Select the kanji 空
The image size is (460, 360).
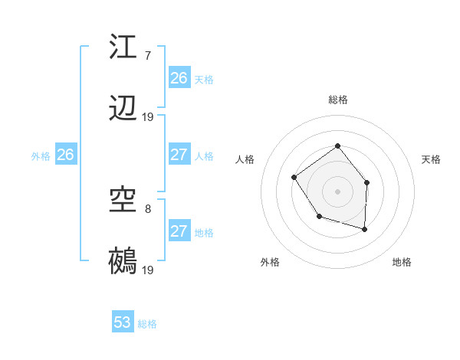click(x=123, y=201)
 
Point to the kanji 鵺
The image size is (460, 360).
click(x=123, y=261)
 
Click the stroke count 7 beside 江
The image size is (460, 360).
click(x=147, y=55)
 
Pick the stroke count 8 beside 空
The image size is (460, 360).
click(x=147, y=208)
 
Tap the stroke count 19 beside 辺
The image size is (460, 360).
click(x=148, y=117)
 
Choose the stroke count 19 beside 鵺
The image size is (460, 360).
click(x=148, y=270)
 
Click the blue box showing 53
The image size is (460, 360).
click(x=123, y=322)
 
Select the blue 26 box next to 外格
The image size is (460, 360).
click(x=65, y=155)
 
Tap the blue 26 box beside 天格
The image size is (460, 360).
click(x=179, y=78)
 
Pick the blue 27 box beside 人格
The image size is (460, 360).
click(x=179, y=155)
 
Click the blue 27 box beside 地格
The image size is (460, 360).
click(x=179, y=231)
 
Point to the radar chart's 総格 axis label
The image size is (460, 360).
click(x=338, y=100)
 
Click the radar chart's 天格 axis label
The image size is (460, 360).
click(x=432, y=159)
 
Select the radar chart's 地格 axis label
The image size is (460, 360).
click(x=402, y=262)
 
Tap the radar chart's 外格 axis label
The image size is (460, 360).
click(x=270, y=262)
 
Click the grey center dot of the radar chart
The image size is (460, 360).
click(x=338, y=191)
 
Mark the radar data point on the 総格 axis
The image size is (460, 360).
click(x=338, y=146)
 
